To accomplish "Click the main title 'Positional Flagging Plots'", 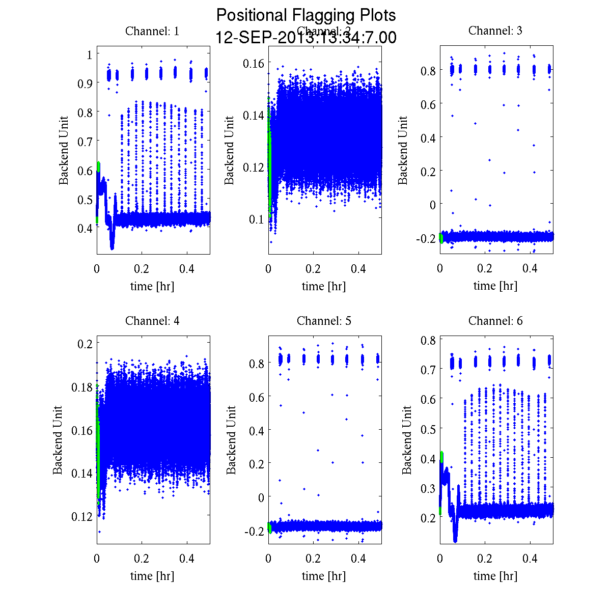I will (x=305, y=15).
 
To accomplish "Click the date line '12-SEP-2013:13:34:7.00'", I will (x=305, y=38).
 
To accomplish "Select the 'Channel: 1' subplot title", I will (x=152, y=31).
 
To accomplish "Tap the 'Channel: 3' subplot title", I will (x=495, y=31).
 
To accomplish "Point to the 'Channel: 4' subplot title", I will (x=152, y=321).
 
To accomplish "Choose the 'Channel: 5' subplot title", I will (x=324, y=321).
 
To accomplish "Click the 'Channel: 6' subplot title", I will (x=495, y=321).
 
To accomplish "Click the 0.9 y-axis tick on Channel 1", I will (x=85, y=83).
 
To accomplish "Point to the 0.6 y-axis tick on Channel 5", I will (x=257, y=397).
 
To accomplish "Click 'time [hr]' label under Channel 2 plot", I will (x=324, y=286).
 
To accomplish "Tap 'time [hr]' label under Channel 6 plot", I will (x=495, y=576).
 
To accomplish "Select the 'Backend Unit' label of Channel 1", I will (x=64, y=150).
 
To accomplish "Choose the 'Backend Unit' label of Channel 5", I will (x=232, y=440).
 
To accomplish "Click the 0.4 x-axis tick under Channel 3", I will (x=531, y=269).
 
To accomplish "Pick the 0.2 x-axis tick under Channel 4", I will (x=142, y=559).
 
